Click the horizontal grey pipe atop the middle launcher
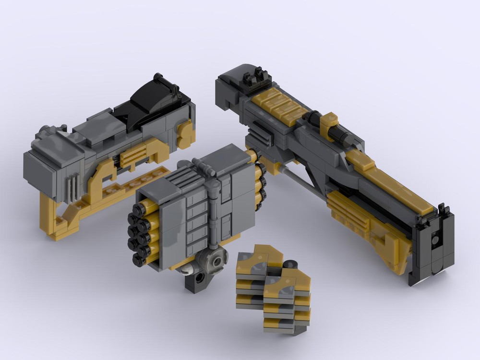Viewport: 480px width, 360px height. [x=204, y=168]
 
